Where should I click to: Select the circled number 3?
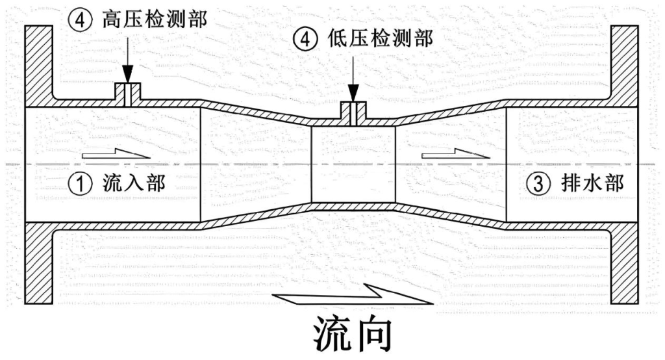(x=537, y=184)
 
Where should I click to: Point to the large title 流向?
(x=353, y=334)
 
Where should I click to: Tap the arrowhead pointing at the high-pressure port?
(x=128, y=75)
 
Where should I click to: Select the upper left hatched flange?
(x=38, y=65)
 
